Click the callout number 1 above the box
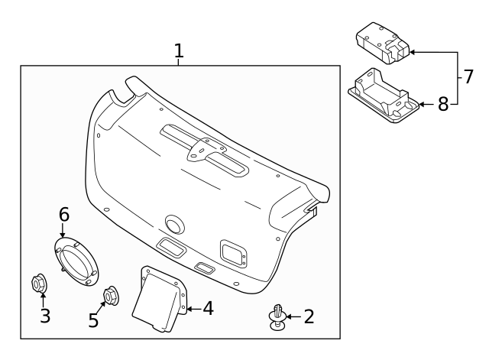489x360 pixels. point(179,50)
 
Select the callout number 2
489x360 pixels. point(309,316)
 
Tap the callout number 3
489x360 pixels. point(45,316)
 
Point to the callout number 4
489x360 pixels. point(209,309)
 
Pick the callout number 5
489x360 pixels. point(93,320)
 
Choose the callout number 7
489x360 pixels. point(468,76)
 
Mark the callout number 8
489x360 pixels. point(443,104)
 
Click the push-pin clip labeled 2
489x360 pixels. point(277,317)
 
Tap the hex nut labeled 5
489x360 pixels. point(111,295)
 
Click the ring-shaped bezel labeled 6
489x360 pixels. point(76,261)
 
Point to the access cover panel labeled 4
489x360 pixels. point(160,298)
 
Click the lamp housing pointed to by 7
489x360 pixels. point(383,43)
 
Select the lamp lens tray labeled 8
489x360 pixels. point(384,96)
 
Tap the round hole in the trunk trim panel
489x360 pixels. point(175,224)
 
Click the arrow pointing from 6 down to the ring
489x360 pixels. point(63,230)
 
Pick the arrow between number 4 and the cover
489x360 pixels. point(194,309)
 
